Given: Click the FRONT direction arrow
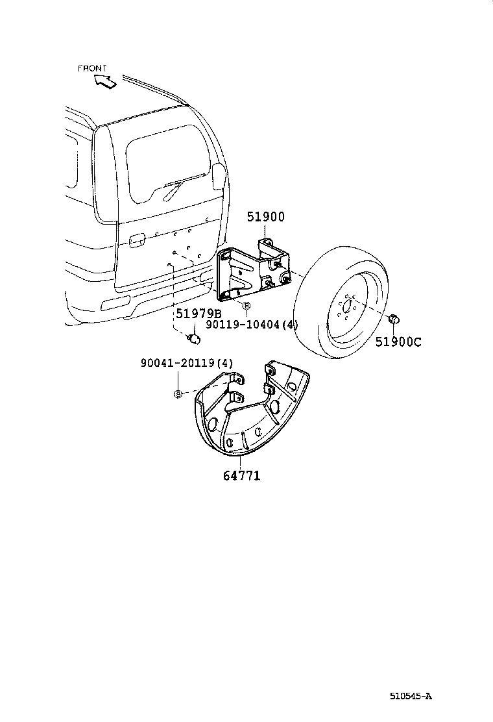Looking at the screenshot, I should (104, 81).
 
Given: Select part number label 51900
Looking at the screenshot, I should (265, 218).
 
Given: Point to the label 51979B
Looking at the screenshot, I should (198, 314).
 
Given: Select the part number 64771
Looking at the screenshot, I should (241, 476).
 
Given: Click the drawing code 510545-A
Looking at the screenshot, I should (410, 696).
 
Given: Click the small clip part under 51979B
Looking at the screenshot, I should (193, 338).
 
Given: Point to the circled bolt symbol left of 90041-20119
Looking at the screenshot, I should (176, 393).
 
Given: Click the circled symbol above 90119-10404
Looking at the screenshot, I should (245, 305).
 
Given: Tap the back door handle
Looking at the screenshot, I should (136, 241).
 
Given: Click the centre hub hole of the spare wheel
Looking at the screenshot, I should (347, 306).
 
